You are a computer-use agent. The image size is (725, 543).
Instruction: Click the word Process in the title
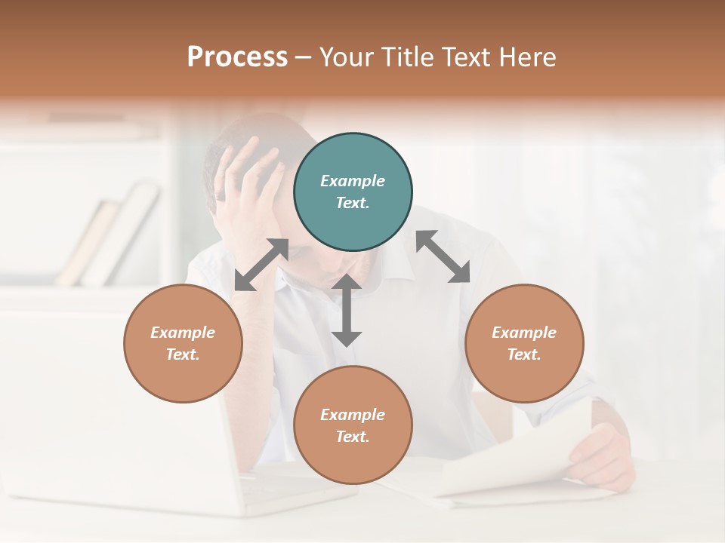pos(237,57)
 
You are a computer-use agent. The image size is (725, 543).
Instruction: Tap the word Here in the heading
pos(526,57)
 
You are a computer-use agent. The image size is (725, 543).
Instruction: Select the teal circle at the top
pos(353,192)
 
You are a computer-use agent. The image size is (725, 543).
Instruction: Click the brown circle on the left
pos(183,343)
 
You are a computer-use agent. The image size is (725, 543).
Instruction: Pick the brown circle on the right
pos(524,343)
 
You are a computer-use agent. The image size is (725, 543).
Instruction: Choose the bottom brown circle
pos(353,425)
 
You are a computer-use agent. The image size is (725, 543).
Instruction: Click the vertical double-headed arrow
pos(347,311)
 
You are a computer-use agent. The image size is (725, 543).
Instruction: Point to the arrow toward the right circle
pos(443,256)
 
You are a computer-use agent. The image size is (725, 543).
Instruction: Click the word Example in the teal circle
pos(353,181)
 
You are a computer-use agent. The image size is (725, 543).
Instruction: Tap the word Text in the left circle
pos(183,354)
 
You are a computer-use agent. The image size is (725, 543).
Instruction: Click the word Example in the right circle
pos(524,333)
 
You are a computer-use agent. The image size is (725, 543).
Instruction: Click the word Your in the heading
pos(345,57)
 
